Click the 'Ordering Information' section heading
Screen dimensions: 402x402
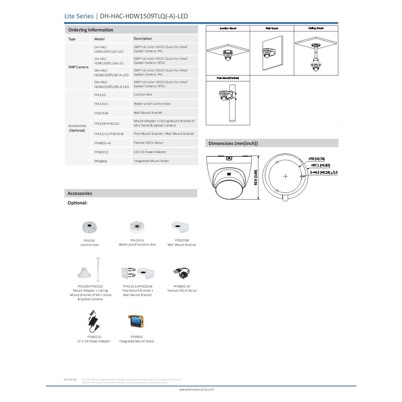pyautogui.click(x=90, y=30)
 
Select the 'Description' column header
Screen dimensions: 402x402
pyautogui.click(x=143, y=38)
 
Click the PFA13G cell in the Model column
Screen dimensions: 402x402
pyautogui.click(x=100, y=95)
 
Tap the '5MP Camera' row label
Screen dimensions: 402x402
pyautogui.click(x=78, y=67)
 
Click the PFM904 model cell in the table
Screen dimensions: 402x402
pyautogui.click(x=101, y=161)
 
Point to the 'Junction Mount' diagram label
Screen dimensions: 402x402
pyautogui.click(x=228, y=29)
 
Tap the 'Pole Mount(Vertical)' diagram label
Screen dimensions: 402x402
pyautogui.click(x=228, y=78)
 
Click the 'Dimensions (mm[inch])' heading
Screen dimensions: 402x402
pyautogui.click(x=233, y=143)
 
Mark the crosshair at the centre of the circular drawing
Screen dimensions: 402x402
pyautogui.click(x=285, y=176)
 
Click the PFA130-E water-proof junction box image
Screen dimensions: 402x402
pyautogui.click(x=137, y=227)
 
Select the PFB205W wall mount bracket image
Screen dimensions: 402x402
pyautogui.click(x=181, y=226)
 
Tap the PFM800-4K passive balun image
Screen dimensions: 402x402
pyautogui.click(x=181, y=272)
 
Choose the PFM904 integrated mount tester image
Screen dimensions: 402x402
pyautogui.click(x=137, y=321)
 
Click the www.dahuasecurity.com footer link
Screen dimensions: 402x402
pyautogui.click(x=197, y=389)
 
